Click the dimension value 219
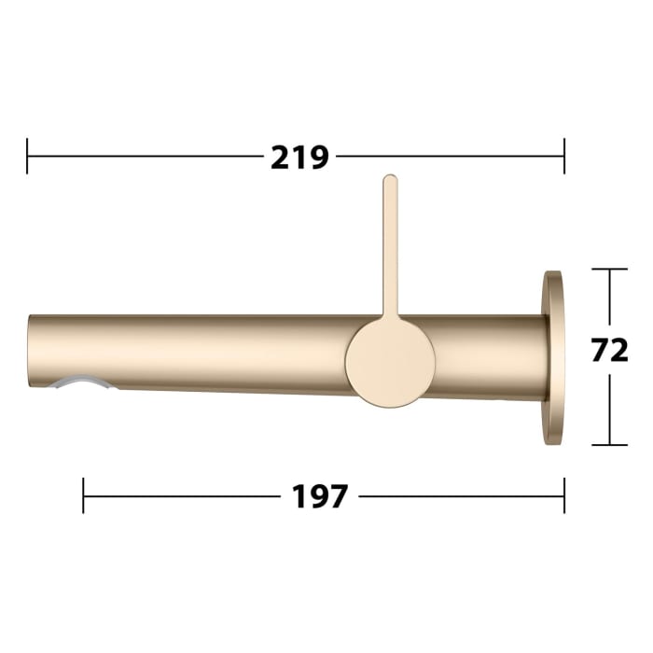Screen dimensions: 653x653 299,157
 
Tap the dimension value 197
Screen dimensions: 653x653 320,496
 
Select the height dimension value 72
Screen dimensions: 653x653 610,350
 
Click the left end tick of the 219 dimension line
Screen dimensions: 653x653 28,156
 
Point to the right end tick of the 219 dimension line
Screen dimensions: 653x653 563,156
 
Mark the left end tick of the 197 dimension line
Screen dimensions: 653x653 84,495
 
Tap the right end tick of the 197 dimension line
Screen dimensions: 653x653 563,495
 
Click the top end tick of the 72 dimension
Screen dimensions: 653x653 610,270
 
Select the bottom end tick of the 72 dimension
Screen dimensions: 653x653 610,445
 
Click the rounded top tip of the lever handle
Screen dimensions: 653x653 390,180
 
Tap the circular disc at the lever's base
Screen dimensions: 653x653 390,361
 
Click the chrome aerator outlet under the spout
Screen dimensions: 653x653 82,382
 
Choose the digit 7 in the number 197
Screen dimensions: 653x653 339,496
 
